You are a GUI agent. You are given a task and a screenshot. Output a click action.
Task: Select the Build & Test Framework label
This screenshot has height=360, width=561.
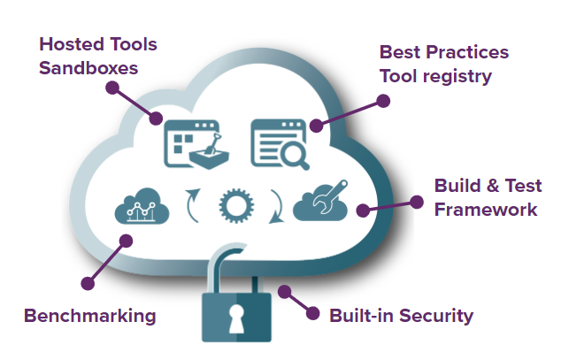coord(485,197)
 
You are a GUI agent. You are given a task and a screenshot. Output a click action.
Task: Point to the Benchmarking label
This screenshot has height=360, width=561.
coord(89,315)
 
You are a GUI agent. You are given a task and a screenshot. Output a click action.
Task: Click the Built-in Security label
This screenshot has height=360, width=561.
coord(401,315)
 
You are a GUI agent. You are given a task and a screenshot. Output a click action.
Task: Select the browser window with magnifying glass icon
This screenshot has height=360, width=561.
coord(280,142)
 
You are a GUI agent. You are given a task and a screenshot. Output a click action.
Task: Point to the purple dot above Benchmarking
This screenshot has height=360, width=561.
coord(88,283)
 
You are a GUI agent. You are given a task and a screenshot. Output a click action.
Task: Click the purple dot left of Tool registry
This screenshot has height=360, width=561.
coord(383,101)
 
